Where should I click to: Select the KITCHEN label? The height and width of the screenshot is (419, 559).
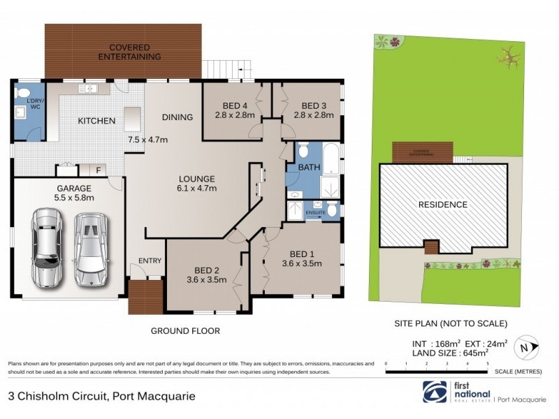coord(96,122)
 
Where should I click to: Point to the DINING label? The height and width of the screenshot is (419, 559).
coord(177,117)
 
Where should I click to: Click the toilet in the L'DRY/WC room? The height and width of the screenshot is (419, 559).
coord(22,93)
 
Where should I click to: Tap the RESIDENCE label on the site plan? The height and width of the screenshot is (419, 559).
coord(443,205)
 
